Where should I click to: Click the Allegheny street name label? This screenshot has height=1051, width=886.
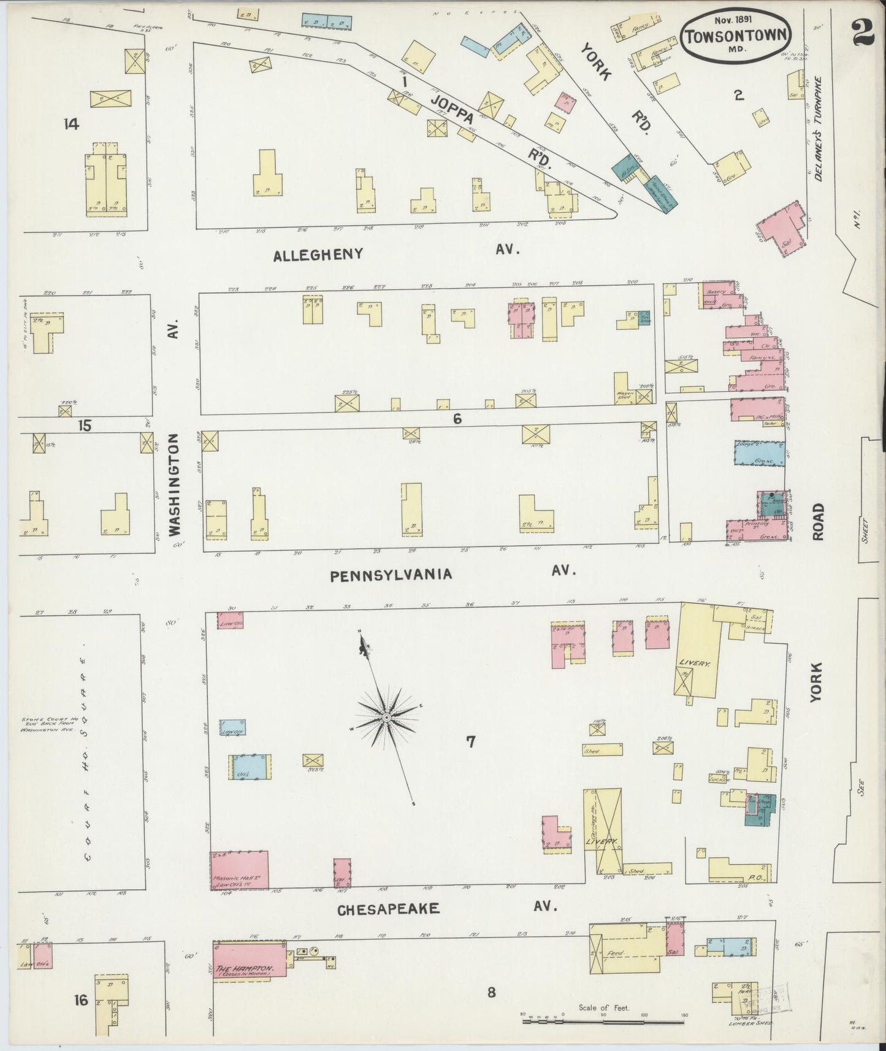319,254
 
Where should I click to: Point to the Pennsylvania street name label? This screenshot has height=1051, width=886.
391,575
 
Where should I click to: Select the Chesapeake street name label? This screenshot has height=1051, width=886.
389,909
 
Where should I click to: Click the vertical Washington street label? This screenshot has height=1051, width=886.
175,484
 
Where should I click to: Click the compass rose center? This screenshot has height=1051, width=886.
387,717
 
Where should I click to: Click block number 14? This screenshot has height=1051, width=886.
71,124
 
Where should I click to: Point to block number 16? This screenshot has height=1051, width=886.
81,1000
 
